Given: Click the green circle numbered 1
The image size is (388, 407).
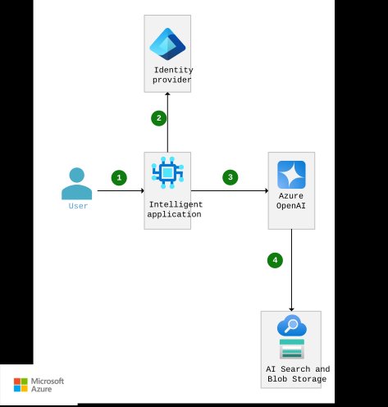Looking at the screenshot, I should tap(119, 177).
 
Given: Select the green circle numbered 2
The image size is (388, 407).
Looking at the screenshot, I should tap(158, 118).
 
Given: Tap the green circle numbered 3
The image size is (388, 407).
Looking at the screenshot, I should tap(231, 177).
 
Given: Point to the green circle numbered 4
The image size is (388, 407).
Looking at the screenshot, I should tap(275, 260).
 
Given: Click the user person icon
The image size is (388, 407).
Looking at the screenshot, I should tap(77, 184).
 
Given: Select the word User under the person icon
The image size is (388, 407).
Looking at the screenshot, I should tap(77, 206).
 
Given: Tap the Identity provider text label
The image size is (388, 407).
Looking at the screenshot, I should tap(172, 75).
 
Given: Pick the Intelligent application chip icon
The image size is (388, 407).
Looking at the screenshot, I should tap(167, 172).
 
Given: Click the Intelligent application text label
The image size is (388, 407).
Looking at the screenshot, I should tap(174, 208).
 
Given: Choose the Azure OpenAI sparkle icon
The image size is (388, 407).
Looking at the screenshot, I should tap(291, 175).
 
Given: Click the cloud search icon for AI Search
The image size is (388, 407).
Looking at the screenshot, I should tap(291, 327).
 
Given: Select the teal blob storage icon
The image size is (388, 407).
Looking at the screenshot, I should tap(291, 349).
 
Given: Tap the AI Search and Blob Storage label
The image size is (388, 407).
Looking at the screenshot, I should tap(298, 374).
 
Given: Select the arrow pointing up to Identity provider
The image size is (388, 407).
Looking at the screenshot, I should tap(167, 123).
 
